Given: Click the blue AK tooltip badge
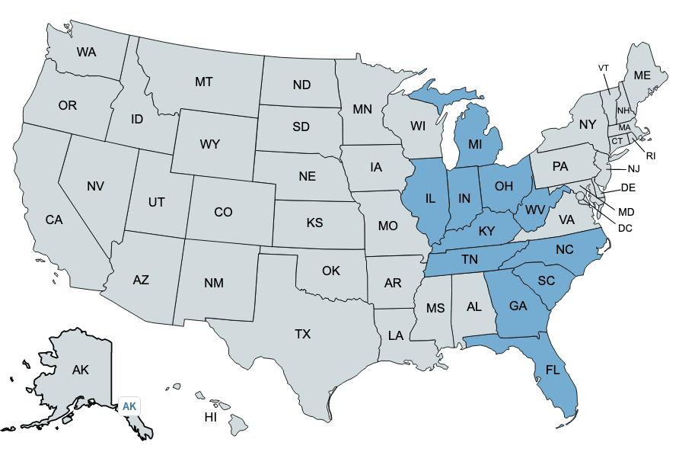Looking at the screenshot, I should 129,406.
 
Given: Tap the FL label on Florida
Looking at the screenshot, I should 553,371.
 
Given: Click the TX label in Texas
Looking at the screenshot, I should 303,334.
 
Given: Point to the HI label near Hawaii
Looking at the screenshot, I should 211,418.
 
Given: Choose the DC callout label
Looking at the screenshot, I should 625,227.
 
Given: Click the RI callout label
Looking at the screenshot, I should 651,155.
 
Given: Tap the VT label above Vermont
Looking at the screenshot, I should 604,68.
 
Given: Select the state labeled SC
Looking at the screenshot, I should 546,280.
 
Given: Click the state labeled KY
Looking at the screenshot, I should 486,231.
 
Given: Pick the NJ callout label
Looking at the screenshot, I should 634,168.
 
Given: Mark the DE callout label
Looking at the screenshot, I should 628,188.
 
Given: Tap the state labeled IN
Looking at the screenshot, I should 464,198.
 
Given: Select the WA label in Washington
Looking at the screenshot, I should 86,53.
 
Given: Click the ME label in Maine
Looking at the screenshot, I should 642,75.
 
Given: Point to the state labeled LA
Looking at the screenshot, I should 396,335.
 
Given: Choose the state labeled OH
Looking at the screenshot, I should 504,186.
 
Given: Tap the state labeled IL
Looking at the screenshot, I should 430,199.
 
